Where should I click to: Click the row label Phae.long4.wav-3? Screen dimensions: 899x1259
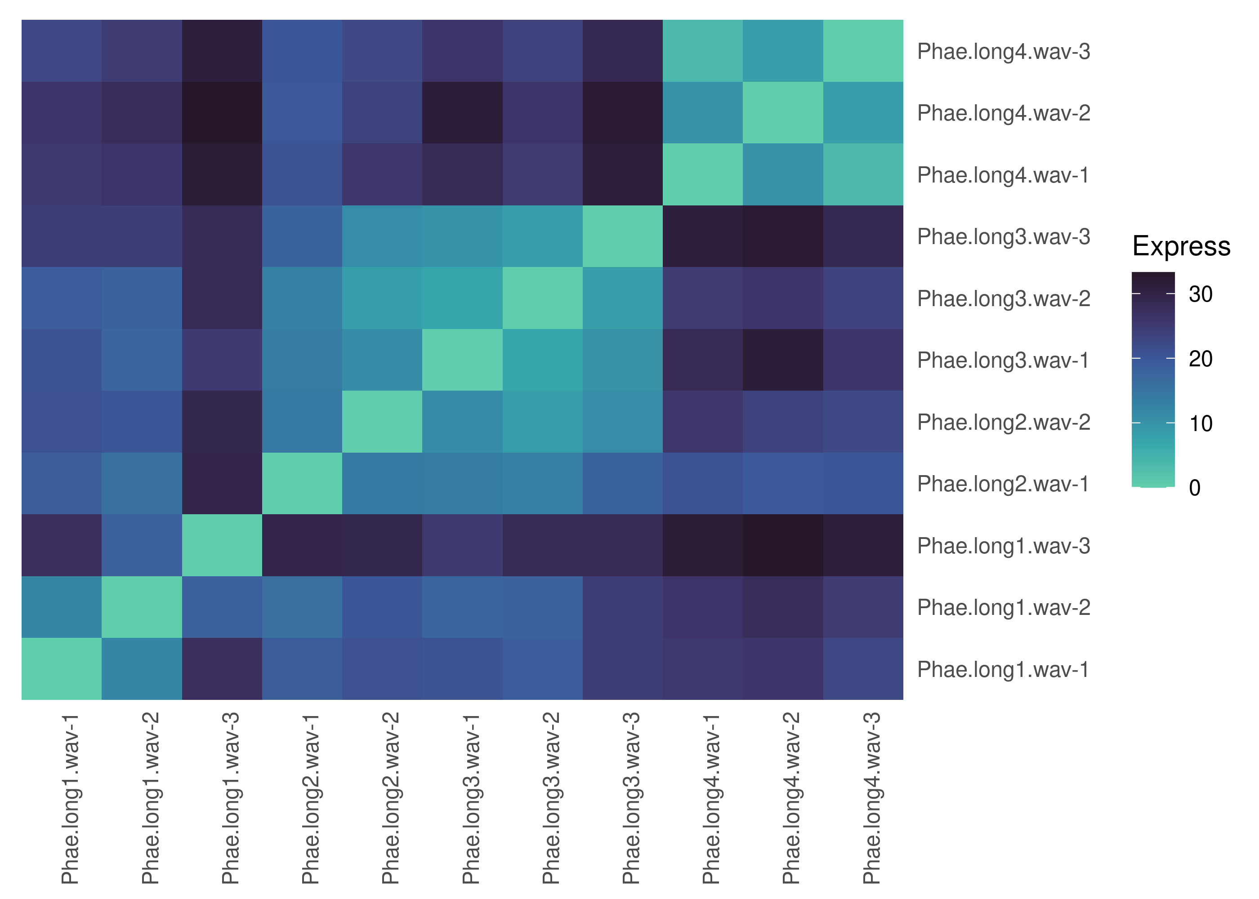tap(1003, 52)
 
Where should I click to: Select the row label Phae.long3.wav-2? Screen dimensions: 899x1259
tap(1003, 298)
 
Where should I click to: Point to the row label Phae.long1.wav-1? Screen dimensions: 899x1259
tap(1003, 669)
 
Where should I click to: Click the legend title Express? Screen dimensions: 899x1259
tap(1181, 246)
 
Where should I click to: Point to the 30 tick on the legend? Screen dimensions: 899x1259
tap(1200, 294)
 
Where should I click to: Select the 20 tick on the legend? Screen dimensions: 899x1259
tap(1200, 359)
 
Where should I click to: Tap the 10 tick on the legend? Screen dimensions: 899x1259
tap(1200, 424)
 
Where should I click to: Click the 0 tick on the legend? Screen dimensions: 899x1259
tap(1194, 488)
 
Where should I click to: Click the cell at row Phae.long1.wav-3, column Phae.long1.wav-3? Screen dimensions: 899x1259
tap(222, 545)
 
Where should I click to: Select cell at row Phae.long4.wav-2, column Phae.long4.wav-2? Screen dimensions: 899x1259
tap(783, 113)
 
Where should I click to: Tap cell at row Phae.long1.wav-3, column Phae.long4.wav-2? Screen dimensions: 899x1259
tap(783, 545)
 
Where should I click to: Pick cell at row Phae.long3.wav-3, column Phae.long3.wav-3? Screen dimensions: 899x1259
tap(622, 236)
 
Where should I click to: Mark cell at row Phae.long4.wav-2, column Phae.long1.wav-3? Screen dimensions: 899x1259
tap(222, 113)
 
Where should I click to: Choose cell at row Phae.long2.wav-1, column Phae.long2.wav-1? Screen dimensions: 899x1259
tap(302, 483)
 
